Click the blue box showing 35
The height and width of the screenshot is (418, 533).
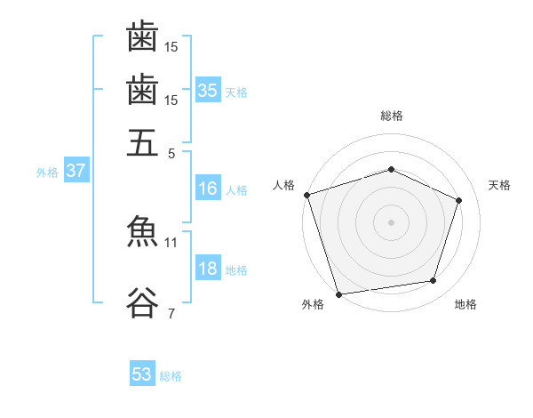pyautogui.click(x=208, y=90)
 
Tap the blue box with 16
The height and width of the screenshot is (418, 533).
pyautogui.click(x=208, y=188)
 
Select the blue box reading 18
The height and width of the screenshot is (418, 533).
pyautogui.click(x=208, y=267)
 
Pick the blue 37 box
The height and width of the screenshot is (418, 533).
pyautogui.click(x=76, y=170)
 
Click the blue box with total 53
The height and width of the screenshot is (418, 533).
pyautogui.click(x=142, y=373)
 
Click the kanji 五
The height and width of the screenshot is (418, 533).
pyautogui.click(x=142, y=142)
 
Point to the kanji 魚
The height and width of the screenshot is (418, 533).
pyautogui.click(x=142, y=230)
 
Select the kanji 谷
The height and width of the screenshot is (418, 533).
pyautogui.click(x=142, y=302)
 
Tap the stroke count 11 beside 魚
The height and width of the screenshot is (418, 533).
pyautogui.click(x=171, y=243)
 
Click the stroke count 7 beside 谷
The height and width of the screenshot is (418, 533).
pyautogui.click(x=171, y=313)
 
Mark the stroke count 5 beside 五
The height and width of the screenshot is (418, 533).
pyautogui.click(x=171, y=154)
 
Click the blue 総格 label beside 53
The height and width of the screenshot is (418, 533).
pyautogui.click(x=171, y=376)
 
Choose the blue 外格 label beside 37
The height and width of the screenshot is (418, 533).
pyautogui.click(x=47, y=173)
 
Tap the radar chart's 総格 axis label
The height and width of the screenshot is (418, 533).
pyautogui.click(x=392, y=116)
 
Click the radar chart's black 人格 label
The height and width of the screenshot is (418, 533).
pyautogui.click(x=283, y=185)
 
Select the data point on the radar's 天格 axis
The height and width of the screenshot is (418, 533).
pyautogui.click(x=458, y=200)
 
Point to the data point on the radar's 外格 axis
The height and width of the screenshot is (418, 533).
pyautogui.click(x=338, y=294)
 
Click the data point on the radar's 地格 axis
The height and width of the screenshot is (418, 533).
pyautogui.click(x=434, y=280)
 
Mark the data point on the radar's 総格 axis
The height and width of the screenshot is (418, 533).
pyautogui.click(x=391, y=169)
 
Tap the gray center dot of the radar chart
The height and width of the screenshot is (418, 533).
pyautogui.click(x=391, y=222)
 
